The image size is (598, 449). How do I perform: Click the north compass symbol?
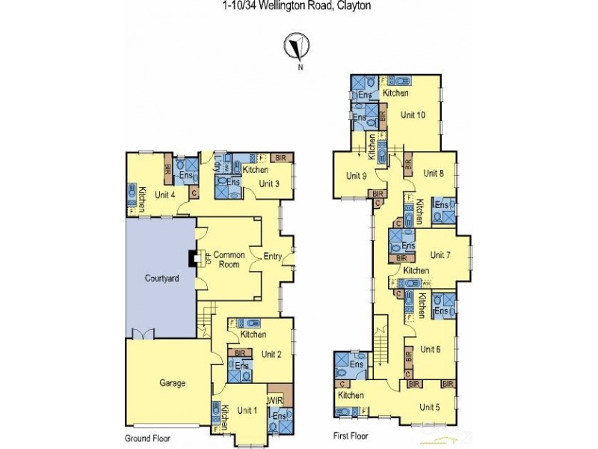[298, 46]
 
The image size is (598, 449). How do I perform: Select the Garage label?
[172, 382]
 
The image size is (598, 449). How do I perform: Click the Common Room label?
[229, 260]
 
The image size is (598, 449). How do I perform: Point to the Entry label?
[272, 257]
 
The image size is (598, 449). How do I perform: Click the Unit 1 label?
[247, 410]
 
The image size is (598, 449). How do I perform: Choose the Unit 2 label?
[271, 354]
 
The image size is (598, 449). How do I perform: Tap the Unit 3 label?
[270, 183]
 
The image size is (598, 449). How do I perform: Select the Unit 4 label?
[165, 195]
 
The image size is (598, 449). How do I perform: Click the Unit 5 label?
[430, 407]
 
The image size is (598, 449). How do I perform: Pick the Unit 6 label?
[431, 349]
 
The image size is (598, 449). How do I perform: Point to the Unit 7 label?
[440, 254]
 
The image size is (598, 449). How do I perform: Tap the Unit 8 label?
[434, 173]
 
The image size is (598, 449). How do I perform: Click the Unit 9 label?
[356, 176]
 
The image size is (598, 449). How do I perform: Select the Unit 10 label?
[413, 115]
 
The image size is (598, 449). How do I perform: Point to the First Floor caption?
[351, 435]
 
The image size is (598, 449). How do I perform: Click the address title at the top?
[297, 6]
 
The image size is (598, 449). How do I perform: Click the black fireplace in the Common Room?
[193, 258]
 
